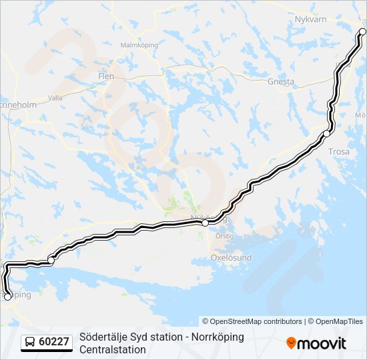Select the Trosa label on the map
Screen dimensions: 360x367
tap(339, 151)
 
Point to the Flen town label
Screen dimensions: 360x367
tap(106, 76)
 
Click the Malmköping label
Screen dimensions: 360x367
tap(137, 45)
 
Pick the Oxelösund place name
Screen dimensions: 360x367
tap(231, 257)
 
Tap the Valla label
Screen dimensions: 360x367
tap(55, 97)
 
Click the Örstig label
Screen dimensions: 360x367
tap(225, 235)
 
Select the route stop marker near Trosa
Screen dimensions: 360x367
tap(326, 134)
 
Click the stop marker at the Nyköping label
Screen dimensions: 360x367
tap(206, 223)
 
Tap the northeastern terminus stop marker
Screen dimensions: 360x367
tap(363, 31)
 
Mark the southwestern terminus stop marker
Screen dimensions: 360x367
tap(8, 297)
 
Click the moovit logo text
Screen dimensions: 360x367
tap(322, 343)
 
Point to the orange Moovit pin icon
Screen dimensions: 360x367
tap(291, 343)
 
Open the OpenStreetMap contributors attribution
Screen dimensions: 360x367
tap(252, 321)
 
